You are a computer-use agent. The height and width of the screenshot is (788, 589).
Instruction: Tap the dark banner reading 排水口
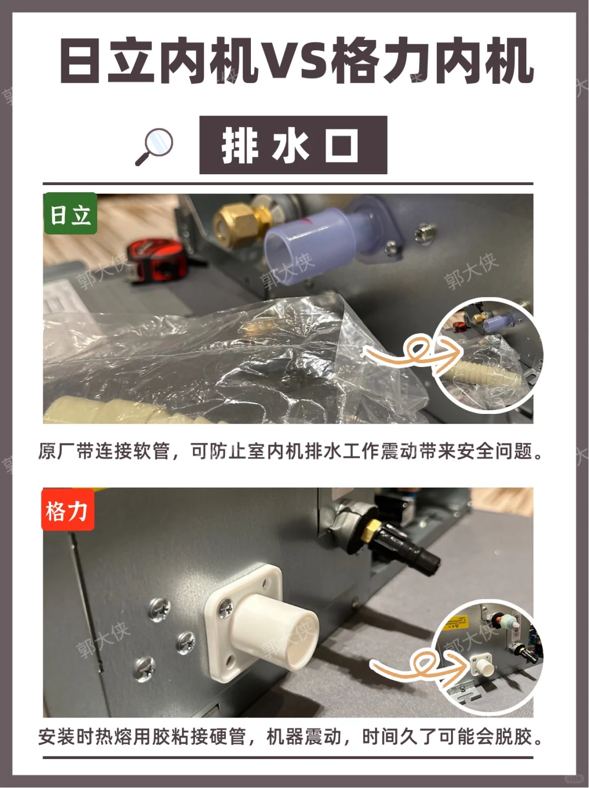pos(293,145)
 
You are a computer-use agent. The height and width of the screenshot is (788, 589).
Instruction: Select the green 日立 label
pos(70,214)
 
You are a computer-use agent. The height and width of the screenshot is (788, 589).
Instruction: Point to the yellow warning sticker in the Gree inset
pos(455,623)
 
